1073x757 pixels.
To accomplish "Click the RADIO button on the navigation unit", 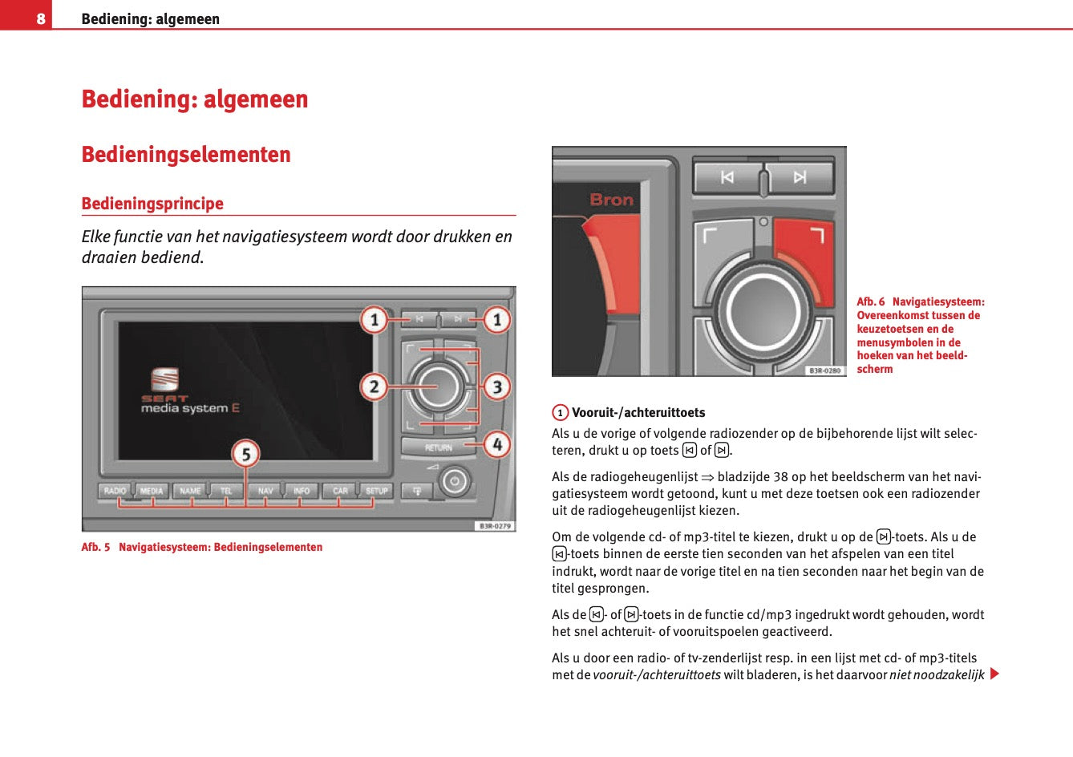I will coord(115,491).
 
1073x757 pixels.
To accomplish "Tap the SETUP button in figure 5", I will coord(376,491).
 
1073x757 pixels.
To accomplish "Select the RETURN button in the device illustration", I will coord(438,447).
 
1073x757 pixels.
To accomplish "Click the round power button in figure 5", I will coord(455,482).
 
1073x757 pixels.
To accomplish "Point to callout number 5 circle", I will coord(245,454).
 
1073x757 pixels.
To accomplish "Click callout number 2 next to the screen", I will coord(374,387).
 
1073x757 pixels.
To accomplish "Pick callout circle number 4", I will coord(497,443).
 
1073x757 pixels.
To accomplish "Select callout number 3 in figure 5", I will coord(497,387).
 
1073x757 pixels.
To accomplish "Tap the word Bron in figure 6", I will coord(611,200).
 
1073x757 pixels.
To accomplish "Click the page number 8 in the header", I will coord(41,18).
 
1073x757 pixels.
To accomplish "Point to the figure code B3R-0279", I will coord(494,526).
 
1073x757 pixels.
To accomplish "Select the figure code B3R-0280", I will coord(824,370).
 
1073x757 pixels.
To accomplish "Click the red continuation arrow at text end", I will coord(994,674).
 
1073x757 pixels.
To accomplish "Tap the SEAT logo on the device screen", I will coord(165,379).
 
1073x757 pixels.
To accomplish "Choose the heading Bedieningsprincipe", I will coord(152,204).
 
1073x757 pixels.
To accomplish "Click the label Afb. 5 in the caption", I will coord(95,547).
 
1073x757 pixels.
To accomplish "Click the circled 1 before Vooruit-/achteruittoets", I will coord(560,413).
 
